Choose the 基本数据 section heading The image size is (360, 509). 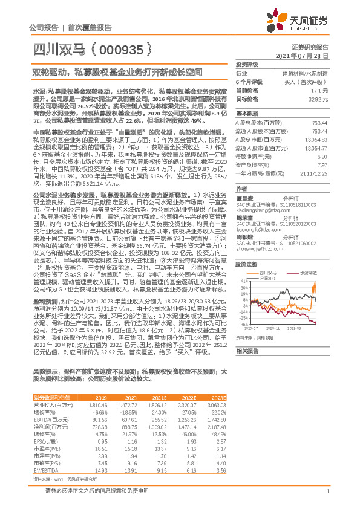(x=247, y=114)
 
